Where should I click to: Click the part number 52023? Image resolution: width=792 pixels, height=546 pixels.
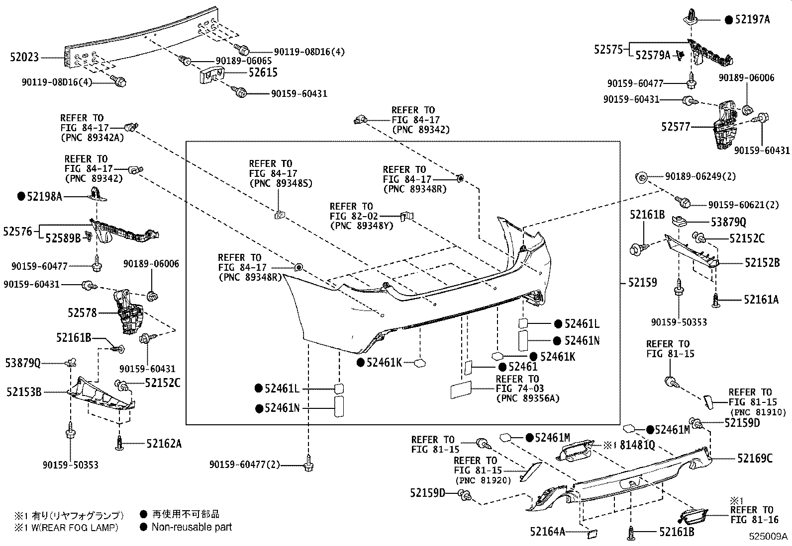[x=24, y=58]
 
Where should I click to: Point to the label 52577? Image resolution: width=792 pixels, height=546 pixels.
[x=676, y=127]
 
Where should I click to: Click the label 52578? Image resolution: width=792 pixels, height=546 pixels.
[x=83, y=313]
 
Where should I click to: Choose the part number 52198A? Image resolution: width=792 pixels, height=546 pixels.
[x=44, y=197]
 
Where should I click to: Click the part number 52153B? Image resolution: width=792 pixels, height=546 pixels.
[x=23, y=392]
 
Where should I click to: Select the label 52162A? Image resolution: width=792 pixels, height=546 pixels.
[x=164, y=444]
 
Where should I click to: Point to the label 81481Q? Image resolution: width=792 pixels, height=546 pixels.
[x=637, y=445]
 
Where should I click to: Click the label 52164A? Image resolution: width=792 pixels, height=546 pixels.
[x=547, y=532]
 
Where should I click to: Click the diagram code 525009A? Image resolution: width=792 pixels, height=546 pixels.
[x=769, y=537]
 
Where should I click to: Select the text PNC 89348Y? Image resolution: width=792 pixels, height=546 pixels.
[x=361, y=226]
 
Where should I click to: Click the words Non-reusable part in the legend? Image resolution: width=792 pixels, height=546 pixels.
[x=192, y=527]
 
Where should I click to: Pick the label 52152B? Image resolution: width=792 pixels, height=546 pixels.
[x=762, y=263]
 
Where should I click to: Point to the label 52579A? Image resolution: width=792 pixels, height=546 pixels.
[x=653, y=56]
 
